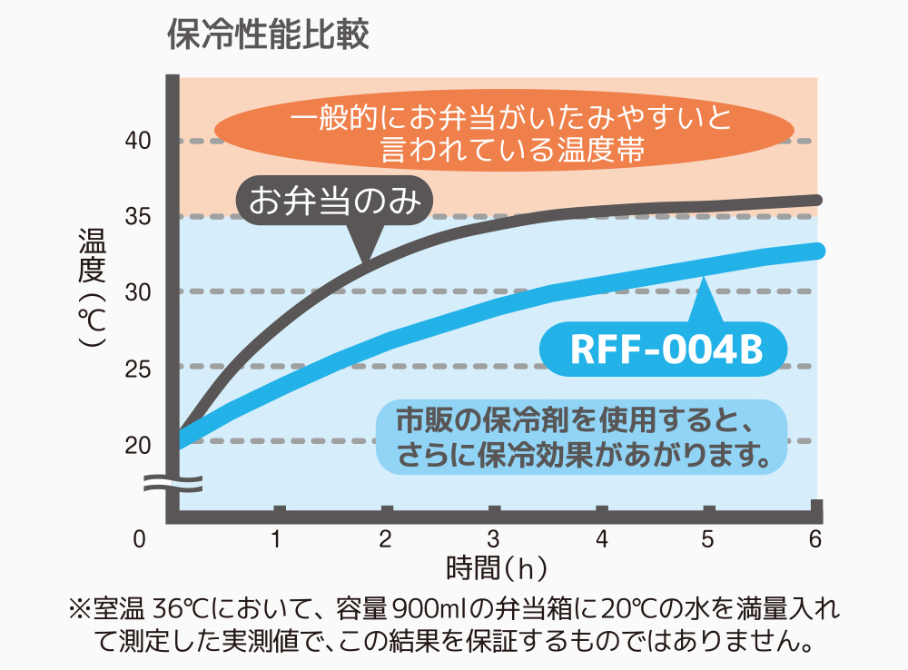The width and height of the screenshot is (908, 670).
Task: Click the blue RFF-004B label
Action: (x=666, y=350)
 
